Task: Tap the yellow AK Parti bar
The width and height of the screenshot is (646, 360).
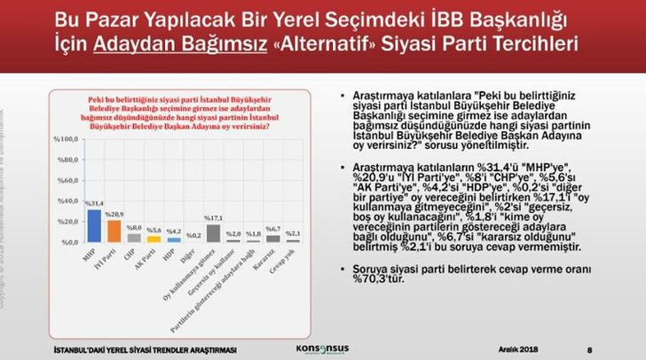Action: tap(154, 239)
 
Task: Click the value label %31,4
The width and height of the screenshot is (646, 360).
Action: tap(95, 204)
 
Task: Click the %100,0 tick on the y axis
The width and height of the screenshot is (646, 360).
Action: tap(66, 139)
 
